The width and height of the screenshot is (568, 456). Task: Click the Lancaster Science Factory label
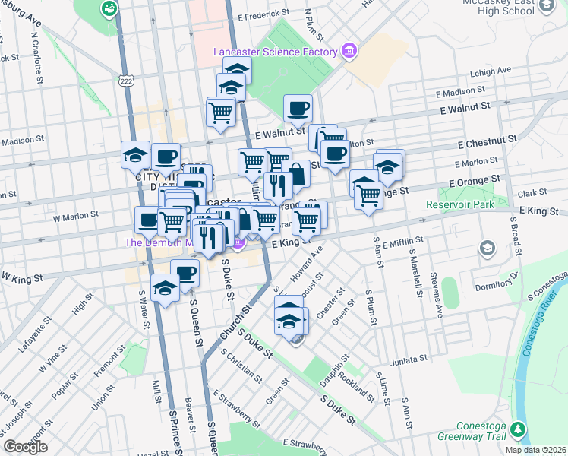[275, 52]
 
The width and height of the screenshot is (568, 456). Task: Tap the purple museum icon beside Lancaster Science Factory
[349, 52]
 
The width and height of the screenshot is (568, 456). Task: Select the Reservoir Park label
[459, 204]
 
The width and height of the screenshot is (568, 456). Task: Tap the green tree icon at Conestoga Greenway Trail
[519, 431]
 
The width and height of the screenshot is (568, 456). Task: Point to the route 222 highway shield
[126, 78]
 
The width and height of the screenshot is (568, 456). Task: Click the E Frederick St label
[263, 14]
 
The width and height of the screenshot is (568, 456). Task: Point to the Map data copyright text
[535, 450]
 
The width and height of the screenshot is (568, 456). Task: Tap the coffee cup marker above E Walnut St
[298, 107]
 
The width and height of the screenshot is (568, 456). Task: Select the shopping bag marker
[296, 173]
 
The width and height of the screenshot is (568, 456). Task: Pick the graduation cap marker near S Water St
[165, 287]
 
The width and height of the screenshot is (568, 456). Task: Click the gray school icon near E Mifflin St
[487, 249]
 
